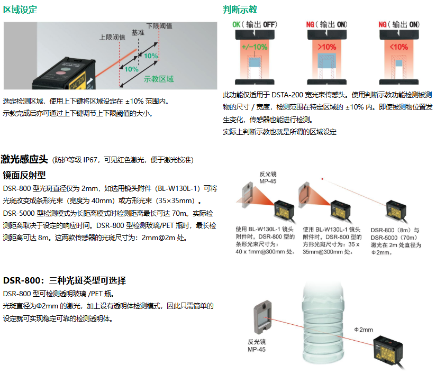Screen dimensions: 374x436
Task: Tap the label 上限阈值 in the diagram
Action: pyautogui.click(x=112, y=37)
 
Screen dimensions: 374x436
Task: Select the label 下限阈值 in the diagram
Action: pyautogui.click(x=159, y=26)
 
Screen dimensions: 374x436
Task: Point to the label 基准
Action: pyautogui.click(x=138, y=32)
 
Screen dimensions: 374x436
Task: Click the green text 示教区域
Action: pyautogui.click(x=159, y=79)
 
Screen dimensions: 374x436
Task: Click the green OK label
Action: pyautogui.click(x=237, y=25)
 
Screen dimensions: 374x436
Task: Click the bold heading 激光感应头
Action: pyautogui.click(x=24, y=159)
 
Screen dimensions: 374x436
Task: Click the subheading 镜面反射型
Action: pyautogui.click(x=24, y=175)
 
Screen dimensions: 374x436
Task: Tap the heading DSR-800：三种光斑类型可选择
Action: pyautogui.click(x=65, y=280)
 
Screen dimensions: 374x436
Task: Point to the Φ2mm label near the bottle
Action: pyautogui.click(x=364, y=329)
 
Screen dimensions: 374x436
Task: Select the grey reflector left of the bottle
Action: pyautogui.click(x=263, y=320)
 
